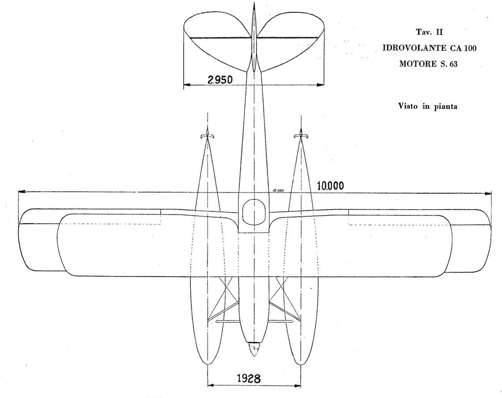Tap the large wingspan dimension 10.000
(x=330, y=186)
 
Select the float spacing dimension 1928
(x=249, y=379)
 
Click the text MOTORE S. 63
(x=428, y=64)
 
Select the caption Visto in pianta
(x=428, y=106)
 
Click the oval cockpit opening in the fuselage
(x=254, y=211)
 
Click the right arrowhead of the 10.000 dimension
(x=488, y=193)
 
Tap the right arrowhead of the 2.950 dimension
(x=320, y=85)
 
